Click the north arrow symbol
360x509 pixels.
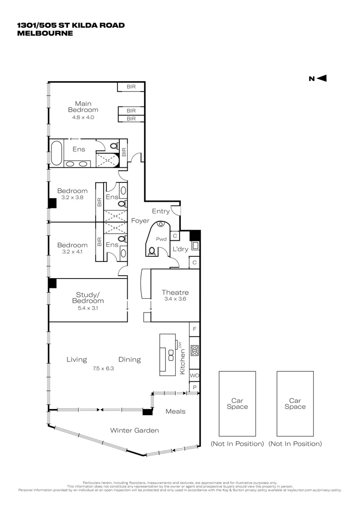321,79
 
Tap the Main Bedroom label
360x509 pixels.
83,107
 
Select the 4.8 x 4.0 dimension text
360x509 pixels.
83,117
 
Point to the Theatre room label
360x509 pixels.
175,292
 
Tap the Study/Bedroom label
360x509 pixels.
88,297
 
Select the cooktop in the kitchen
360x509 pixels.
194,350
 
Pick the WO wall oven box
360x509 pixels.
194,376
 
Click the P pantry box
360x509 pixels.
194,387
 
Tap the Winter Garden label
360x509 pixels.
134,430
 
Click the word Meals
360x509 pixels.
175,411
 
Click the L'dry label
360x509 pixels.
180,248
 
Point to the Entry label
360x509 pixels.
160,212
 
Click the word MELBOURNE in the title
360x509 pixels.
45,33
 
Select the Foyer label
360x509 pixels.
140,221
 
